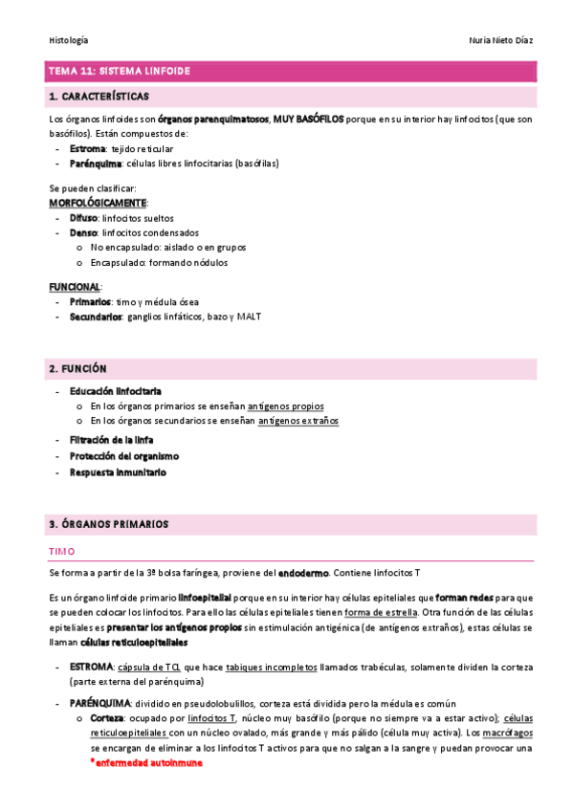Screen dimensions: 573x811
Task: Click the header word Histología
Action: pos(68,40)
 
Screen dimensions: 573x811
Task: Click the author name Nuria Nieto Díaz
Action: pos(491,40)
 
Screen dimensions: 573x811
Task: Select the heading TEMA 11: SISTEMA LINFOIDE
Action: pos(119,72)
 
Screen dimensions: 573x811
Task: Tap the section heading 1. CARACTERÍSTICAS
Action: pos(98,97)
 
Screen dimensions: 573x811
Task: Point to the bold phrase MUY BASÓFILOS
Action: pos(308,120)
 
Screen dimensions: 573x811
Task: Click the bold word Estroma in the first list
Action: pos(88,149)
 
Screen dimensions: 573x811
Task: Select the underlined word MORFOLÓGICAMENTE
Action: pos(98,204)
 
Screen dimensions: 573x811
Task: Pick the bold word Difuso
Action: pos(83,218)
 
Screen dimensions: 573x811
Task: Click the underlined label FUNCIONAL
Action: pos(74,287)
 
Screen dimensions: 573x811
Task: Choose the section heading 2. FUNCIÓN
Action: pos(77,368)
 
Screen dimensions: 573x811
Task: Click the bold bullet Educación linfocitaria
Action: pos(115,391)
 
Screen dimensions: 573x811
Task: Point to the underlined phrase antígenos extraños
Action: pos(298,421)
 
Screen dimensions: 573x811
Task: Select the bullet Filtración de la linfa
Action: pos(112,440)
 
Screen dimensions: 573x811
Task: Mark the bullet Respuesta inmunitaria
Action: pos(118,472)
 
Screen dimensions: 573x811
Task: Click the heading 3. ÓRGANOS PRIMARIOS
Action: pos(107,525)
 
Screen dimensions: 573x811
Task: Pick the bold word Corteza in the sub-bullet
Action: pos(107,718)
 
